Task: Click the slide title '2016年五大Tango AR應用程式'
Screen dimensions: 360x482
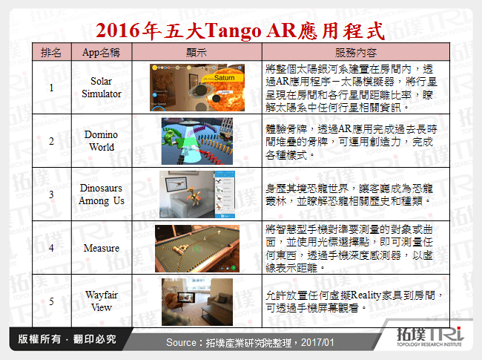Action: pyautogui.click(x=240, y=30)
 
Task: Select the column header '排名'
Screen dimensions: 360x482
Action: pyautogui.click(x=51, y=53)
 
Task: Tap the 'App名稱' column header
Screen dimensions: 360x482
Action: pyautogui.click(x=102, y=53)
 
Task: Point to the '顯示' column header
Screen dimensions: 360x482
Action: pyautogui.click(x=197, y=53)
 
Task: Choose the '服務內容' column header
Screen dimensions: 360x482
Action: pyautogui.click(x=355, y=53)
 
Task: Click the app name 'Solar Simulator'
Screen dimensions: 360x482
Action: pyautogui.click(x=102, y=88)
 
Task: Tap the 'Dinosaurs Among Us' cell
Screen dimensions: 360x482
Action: pyautogui.click(x=102, y=194)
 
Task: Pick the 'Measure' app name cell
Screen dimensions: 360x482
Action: pyautogui.click(x=102, y=248)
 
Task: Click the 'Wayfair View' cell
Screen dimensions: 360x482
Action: pyautogui.click(x=102, y=301)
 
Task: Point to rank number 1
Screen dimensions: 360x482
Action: pyautogui.click(x=51, y=88)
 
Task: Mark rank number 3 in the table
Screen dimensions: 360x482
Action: pyautogui.click(x=51, y=194)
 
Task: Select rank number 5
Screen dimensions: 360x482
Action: pyautogui.click(x=51, y=301)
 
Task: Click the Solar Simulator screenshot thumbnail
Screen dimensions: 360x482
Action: pyautogui.click(x=196, y=88)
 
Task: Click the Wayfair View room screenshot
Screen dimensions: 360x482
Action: pyautogui.click(x=197, y=301)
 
